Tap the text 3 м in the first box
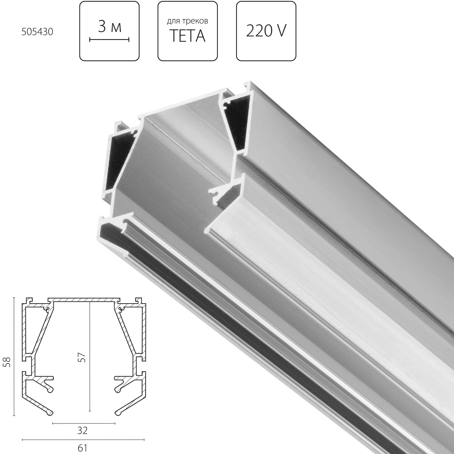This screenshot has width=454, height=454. (109, 27)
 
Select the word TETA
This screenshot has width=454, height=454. (188, 36)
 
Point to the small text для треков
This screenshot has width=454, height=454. (188, 21)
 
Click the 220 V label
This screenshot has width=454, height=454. (266, 30)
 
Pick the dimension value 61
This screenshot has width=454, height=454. (83, 447)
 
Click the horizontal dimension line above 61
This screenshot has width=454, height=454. (83, 439)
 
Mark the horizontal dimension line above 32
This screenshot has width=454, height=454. (84, 423)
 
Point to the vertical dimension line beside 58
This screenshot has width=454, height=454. (15, 356)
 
